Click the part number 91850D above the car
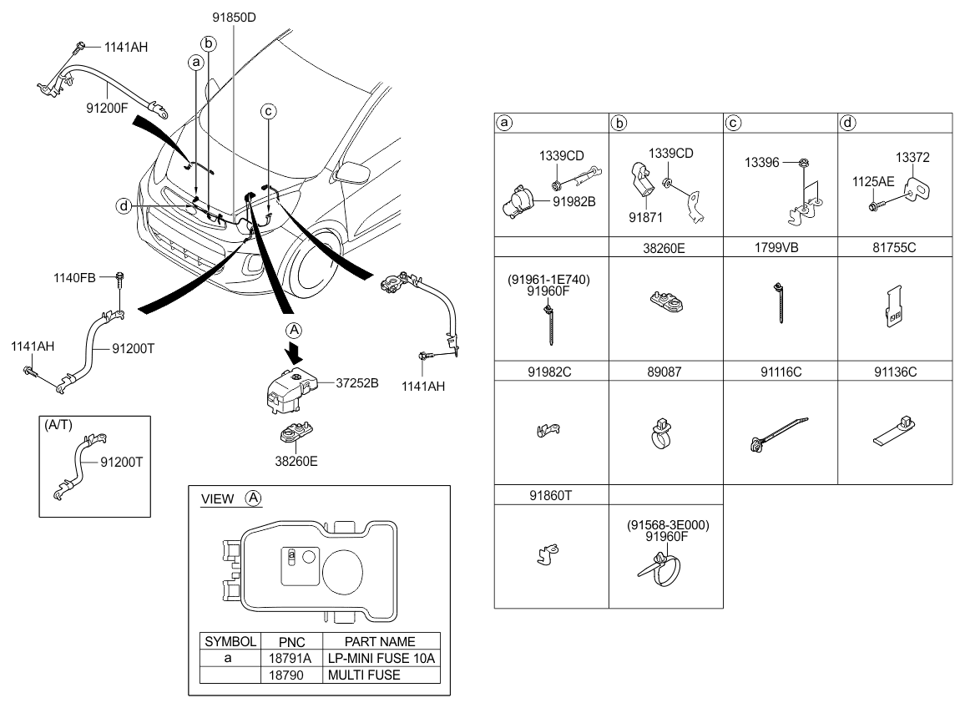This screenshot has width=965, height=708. [234, 18]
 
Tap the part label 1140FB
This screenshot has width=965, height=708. [74, 278]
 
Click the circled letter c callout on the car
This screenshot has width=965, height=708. [268, 111]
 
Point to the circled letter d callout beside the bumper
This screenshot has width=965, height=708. [124, 205]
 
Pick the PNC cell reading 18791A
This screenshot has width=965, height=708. [290, 658]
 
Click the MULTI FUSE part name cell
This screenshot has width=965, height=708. [364, 675]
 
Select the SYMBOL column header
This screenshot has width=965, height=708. [230, 641]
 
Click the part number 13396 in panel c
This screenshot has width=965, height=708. [762, 163]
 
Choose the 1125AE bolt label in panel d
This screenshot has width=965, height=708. [873, 182]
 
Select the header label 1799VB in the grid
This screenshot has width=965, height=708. [776, 247]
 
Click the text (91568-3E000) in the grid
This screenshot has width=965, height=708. [668, 525]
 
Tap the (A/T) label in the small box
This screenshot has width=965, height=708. [58, 425]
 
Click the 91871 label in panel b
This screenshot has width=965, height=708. [645, 217]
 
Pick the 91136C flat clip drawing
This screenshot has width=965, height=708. [894, 430]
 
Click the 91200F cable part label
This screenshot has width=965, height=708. [107, 109]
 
